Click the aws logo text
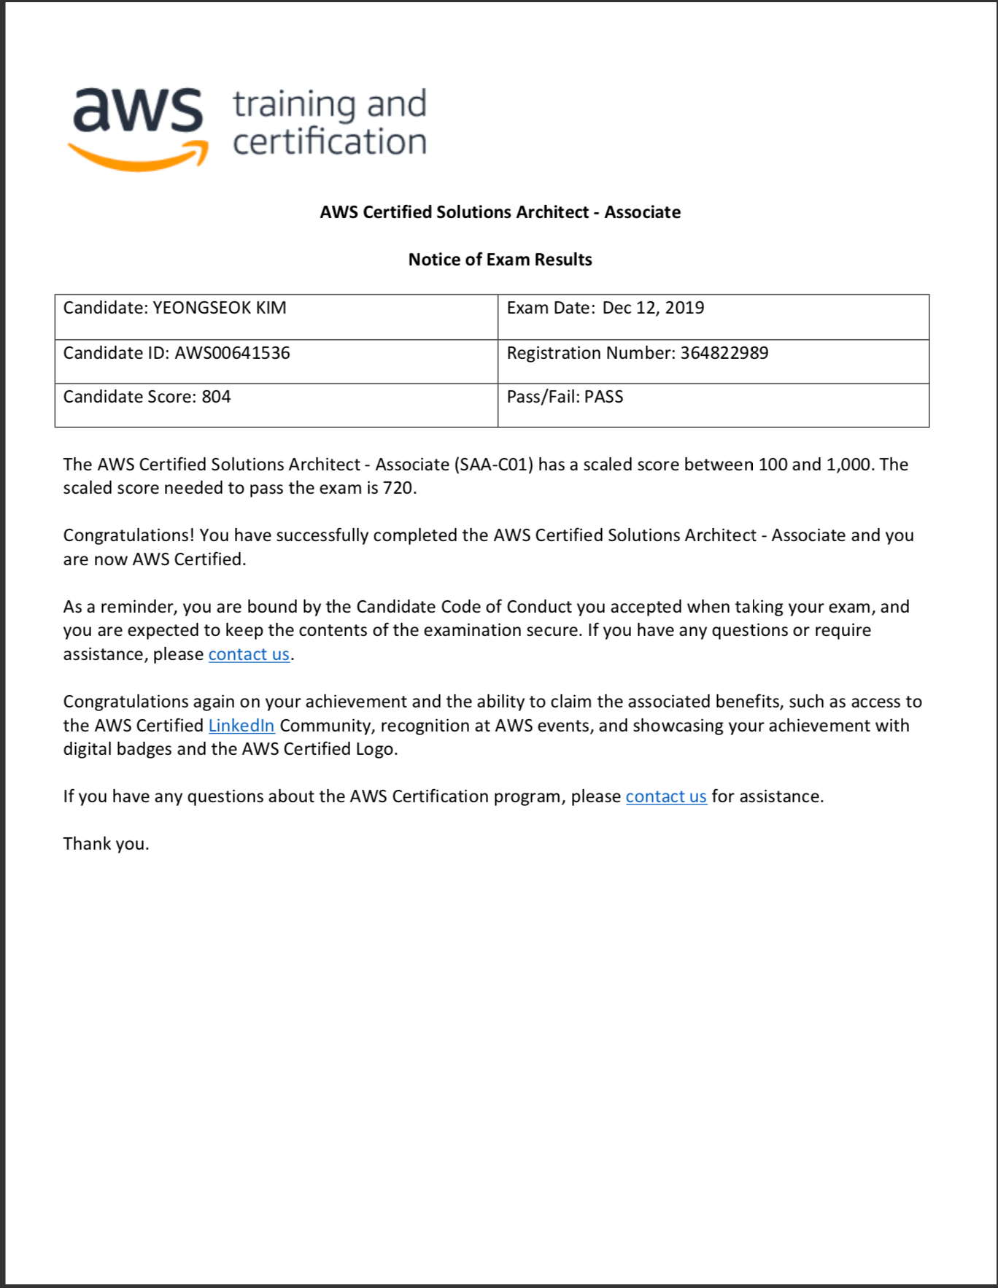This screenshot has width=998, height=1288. click(137, 111)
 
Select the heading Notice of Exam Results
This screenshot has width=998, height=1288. click(500, 260)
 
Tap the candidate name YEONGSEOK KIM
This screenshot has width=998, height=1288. click(219, 308)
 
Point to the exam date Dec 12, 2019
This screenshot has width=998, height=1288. click(653, 308)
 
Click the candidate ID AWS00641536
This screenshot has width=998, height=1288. click(232, 353)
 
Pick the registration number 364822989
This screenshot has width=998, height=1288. click(724, 353)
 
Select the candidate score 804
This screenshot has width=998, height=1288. click(216, 397)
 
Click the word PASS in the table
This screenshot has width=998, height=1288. click(603, 397)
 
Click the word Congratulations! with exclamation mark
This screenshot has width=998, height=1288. click(128, 535)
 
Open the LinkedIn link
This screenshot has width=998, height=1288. click(241, 726)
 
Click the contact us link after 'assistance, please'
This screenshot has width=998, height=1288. click(249, 654)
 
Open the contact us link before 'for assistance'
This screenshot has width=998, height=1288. click(666, 796)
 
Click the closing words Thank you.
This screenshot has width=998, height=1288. click(106, 844)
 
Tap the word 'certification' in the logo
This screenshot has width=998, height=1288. click(330, 141)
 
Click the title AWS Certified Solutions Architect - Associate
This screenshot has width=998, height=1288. click(500, 212)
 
